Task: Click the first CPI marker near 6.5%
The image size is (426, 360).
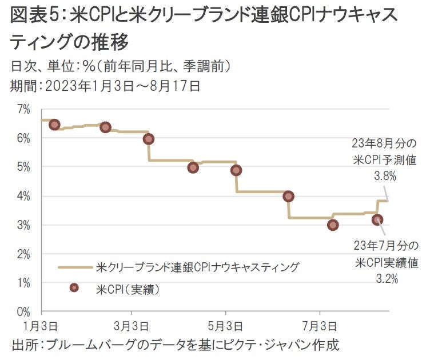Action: point(55,125)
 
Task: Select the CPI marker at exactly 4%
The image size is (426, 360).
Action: point(288,196)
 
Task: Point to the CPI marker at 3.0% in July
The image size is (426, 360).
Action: point(333,225)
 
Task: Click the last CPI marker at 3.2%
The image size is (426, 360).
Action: point(377,219)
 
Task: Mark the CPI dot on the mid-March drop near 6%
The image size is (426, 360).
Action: point(149,139)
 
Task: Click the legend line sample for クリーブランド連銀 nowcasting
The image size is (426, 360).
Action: point(75,267)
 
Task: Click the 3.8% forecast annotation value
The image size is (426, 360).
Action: point(385,177)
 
